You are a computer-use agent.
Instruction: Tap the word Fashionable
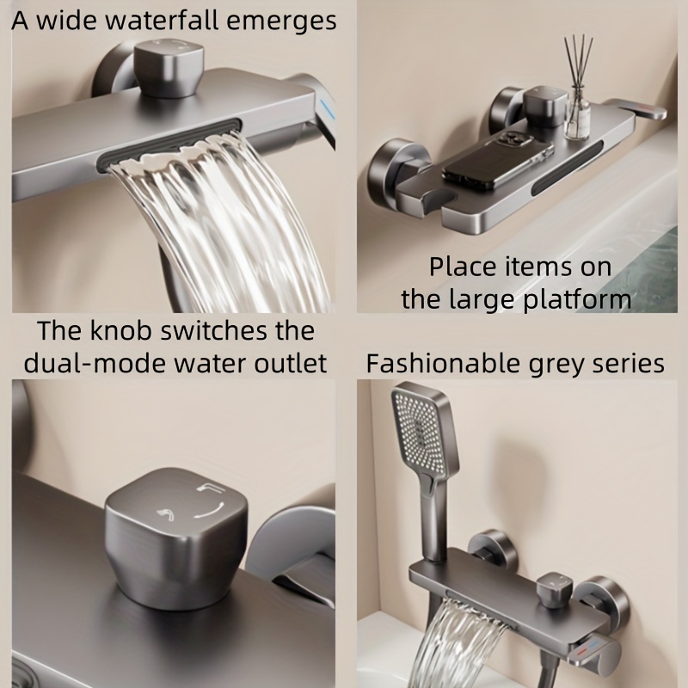pyautogui.click(x=443, y=363)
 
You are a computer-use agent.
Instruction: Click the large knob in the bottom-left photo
pyautogui.click(x=176, y=538)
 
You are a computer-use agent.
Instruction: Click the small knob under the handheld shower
pyautogui.click(x=555, y=588)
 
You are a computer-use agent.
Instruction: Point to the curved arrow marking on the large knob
pyautogui.click(x=211, y=511)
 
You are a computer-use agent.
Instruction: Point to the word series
pyautogui.click(x=629, y=364)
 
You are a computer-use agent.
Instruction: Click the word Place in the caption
pyautogui.click(x=463, y=267)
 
